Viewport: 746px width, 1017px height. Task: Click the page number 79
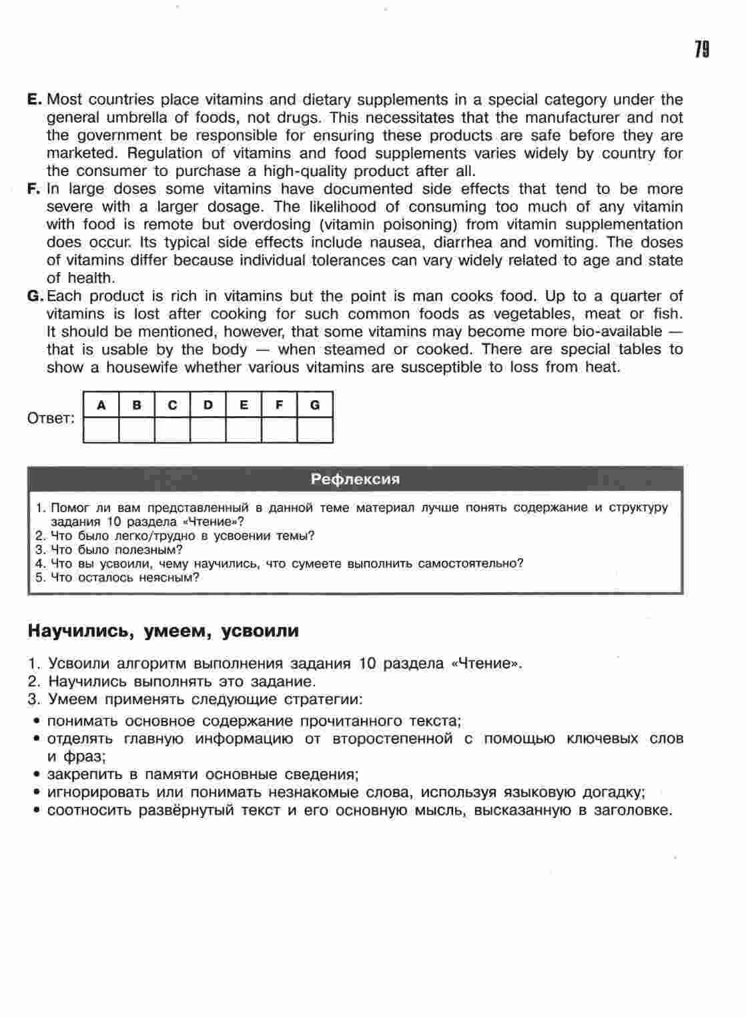[x=701, y=51]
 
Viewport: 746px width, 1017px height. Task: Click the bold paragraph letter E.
[x=35, y=100]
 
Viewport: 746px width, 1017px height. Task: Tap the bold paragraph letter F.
[x=35, y=189]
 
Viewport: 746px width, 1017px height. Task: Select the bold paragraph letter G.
[x=35, y=296]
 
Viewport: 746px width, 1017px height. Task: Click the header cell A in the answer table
[x=101, y=405]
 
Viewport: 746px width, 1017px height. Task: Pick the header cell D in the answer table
[x=208, y=405]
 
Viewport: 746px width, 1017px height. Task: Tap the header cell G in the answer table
[x=315, y=405]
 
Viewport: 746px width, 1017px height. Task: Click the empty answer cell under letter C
[x=172, y=430]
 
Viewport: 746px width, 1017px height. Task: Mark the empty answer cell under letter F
[x=279, y=430]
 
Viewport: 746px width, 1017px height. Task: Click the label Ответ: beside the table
[x=51, y=419]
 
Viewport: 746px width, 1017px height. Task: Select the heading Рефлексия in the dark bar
[x=356, y=479]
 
